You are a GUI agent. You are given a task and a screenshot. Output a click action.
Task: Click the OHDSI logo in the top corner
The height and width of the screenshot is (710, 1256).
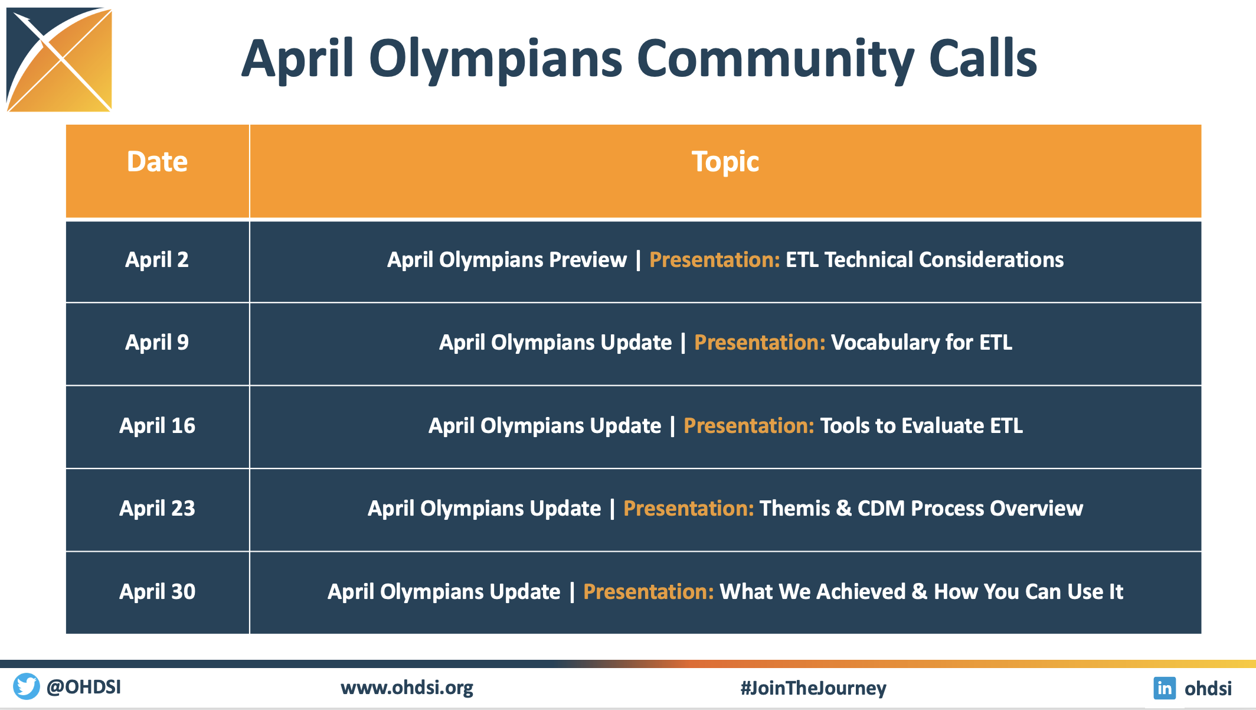(x=59, y=59)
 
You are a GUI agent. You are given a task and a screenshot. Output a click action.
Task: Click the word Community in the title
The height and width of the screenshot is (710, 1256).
(x=776, y=59)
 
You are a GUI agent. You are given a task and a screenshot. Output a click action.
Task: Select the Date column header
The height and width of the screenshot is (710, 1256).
(x=157, y=162)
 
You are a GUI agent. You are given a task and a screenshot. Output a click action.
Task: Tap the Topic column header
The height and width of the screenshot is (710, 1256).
(x=725, y=162)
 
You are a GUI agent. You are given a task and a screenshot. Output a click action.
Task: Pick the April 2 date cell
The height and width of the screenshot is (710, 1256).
(x=157, y=260)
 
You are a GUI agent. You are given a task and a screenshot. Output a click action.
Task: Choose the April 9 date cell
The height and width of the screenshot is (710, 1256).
(x=157, y=343)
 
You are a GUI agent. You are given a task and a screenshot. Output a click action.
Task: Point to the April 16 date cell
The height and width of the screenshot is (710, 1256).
(x=157, y=426)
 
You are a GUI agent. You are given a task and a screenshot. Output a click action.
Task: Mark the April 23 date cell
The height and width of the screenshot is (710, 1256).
(x=157, y=509)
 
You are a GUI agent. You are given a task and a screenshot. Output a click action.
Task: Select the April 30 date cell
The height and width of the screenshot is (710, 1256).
(x=157, y=592)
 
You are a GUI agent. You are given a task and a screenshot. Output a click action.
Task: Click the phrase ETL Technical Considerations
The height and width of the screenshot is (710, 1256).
(x=925, y=260)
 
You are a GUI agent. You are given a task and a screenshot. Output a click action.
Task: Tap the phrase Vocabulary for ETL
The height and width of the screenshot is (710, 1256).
(x=921, y=343)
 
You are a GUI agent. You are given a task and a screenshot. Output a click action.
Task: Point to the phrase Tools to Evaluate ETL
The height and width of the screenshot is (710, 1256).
(x=921, y=426)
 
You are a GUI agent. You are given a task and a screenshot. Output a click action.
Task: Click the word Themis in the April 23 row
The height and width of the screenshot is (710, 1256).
(x=794, y=509)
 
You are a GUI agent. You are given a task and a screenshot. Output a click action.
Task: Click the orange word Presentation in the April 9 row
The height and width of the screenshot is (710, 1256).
(x=760, y=343)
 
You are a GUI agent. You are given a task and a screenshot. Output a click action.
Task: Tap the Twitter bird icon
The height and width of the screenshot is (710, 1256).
(x=27, y=686)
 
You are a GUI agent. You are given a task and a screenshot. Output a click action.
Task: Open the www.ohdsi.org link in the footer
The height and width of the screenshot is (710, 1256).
(x=407, y=688)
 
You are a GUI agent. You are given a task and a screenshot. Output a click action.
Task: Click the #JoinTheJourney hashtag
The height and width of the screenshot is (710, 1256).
(x=813, y=688)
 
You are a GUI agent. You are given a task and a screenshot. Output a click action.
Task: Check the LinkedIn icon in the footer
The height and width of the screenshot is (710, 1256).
(x=1165, y=688)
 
